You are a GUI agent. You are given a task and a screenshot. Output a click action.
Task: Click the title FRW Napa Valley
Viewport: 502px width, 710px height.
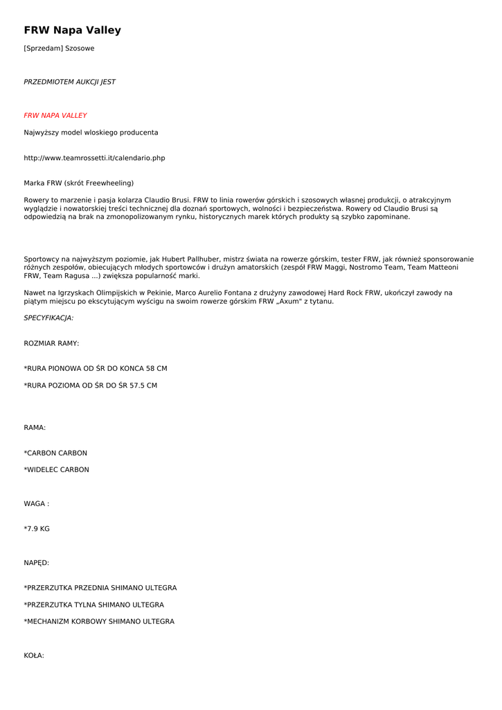click(x=72, y=31)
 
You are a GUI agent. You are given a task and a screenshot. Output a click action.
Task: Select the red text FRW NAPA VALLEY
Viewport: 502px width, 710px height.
click(x=55, y=116)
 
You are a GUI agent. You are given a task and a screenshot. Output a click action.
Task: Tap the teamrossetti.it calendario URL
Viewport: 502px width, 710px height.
click(x=94, y=158)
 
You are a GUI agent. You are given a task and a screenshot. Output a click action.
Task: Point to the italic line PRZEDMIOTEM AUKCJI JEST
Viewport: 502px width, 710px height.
click(x=69, y=82)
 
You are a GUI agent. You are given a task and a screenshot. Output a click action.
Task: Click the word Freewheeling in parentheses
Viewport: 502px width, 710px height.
click(x=109, y=183)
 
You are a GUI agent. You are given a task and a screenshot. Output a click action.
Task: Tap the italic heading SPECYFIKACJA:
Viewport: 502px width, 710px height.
click(x=48, y=318)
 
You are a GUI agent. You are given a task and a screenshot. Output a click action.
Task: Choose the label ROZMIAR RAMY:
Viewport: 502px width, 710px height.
click(x=51, y=343)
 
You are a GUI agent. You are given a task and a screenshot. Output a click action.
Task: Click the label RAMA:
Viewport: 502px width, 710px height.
click(x=35, y=428)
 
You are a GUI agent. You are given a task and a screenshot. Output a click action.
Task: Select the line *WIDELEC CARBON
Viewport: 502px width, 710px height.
click(x=57, y=469)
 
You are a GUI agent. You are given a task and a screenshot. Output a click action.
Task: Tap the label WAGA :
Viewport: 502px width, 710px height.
click(x=36, y=503)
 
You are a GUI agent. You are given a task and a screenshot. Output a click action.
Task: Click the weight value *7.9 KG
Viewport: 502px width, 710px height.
click(x=37, y=528)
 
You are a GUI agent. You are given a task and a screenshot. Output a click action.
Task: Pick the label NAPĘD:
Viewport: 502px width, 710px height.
click(x=36, y=563)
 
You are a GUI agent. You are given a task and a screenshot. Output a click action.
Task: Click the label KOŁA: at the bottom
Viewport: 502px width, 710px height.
click(x=34, y=655)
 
